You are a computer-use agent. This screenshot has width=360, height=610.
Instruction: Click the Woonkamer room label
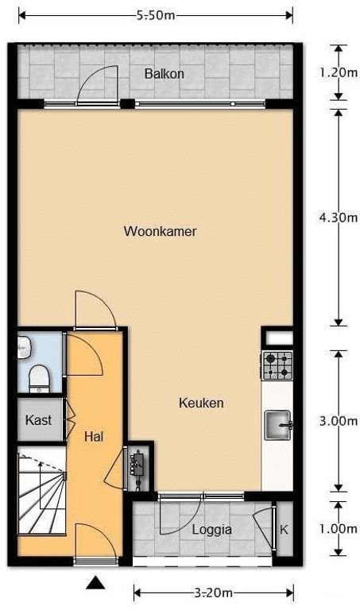160,232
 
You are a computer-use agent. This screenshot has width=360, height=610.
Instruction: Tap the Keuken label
200,403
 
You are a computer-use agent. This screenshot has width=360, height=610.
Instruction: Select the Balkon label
165,74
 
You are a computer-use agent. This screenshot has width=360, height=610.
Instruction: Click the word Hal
94,435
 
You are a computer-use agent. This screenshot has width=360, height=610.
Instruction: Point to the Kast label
38,419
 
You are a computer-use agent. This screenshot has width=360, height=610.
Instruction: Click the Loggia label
212,529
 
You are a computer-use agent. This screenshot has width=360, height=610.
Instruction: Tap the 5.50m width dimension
156,14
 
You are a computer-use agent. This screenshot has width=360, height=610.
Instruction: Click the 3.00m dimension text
338,421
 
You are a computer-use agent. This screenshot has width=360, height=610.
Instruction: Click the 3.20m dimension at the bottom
214,593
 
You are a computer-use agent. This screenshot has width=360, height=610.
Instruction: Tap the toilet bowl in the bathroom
37,377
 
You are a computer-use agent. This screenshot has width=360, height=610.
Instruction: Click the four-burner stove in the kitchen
277,365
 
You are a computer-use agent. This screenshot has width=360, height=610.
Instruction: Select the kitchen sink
278,424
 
